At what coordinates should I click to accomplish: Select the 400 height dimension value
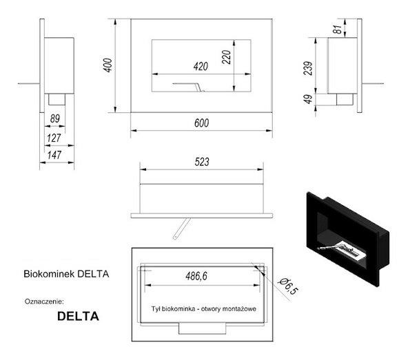(106, 65)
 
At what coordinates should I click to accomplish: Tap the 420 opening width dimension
(200, 67)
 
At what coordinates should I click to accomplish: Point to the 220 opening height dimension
(226, 58)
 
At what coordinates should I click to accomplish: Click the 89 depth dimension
(54, 118)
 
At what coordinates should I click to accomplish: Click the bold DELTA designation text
(77, 317)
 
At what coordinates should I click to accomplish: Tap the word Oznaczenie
(43, 301)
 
